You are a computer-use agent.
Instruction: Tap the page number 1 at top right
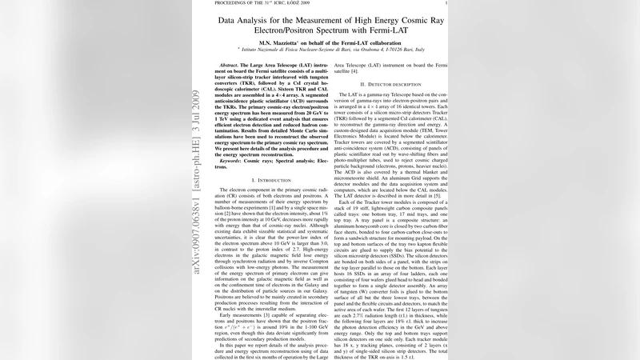pyautogui.click(x=446, y=3)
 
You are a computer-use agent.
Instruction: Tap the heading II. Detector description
pyautogui.click(x=390, y=84)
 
